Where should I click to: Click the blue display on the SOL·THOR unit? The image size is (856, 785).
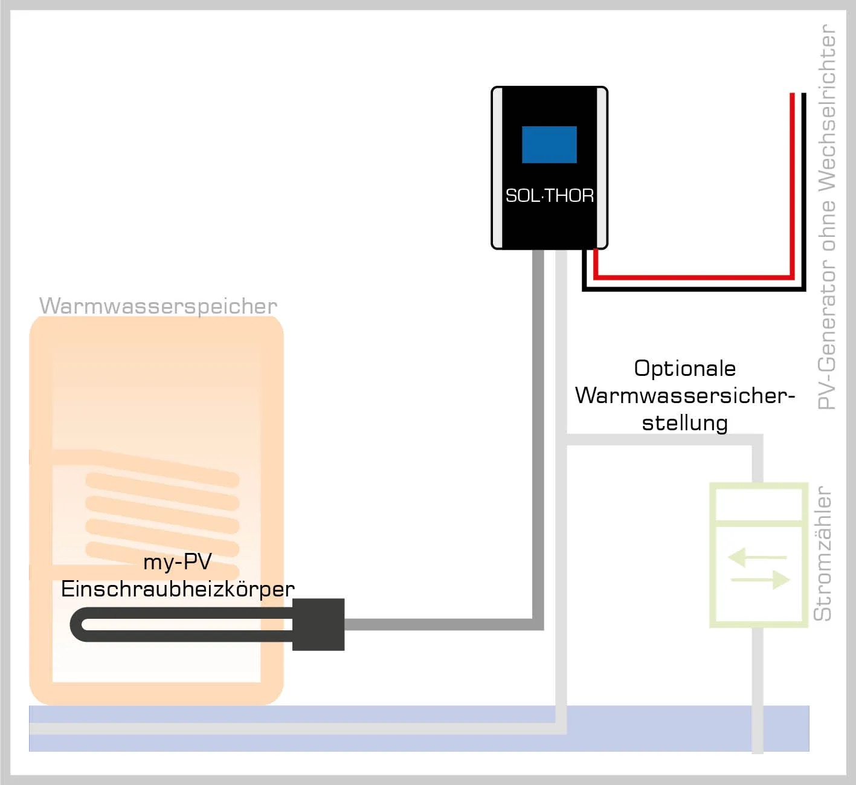coord(549,144)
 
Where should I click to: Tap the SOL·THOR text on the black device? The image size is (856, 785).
coord(549,195)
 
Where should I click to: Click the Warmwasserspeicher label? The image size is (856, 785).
coord(158,306)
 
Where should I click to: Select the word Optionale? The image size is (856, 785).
coord(684,368)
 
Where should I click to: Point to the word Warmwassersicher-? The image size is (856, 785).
coord(684,395)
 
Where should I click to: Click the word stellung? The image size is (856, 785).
coord(684,422)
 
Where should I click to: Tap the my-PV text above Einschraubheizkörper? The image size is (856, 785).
coord(177,562)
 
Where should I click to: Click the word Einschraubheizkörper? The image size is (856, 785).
coord(178,589)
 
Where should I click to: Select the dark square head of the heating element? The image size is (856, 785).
coord(318,624)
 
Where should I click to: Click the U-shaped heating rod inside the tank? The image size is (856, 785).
coord(181,625)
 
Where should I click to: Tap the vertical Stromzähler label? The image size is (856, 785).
coord(823,554)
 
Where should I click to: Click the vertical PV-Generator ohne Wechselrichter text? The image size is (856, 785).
coord(826,218)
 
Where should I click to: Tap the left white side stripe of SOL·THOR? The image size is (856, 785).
coord(498,167)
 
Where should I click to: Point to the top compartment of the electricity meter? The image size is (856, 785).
coord(758,504)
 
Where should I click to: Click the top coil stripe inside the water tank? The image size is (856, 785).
coord(162,480)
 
